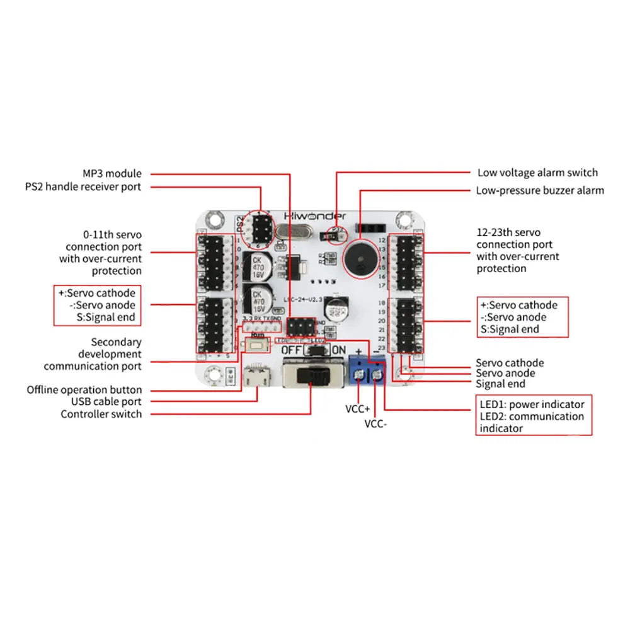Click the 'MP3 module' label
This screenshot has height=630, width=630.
(x=112, y=173)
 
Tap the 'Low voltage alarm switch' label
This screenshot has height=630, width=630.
(x=537, y=173)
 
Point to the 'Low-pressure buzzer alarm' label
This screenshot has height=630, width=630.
(x=540, y=190)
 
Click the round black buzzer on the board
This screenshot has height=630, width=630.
(x=361, y=258)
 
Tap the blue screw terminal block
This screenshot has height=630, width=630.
(x=367, y=370)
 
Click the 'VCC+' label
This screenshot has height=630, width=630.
(x=357, y=408)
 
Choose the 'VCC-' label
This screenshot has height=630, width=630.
(x=375, y=424)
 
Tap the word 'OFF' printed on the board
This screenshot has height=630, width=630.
(x=291, y=350)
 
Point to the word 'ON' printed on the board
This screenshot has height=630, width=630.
(x=338, y=350)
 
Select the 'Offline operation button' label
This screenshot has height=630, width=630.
(x=84, y=390)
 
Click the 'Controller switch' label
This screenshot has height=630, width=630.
(x=101, y=414)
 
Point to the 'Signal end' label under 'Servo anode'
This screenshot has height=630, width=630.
(x=500, y=384)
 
